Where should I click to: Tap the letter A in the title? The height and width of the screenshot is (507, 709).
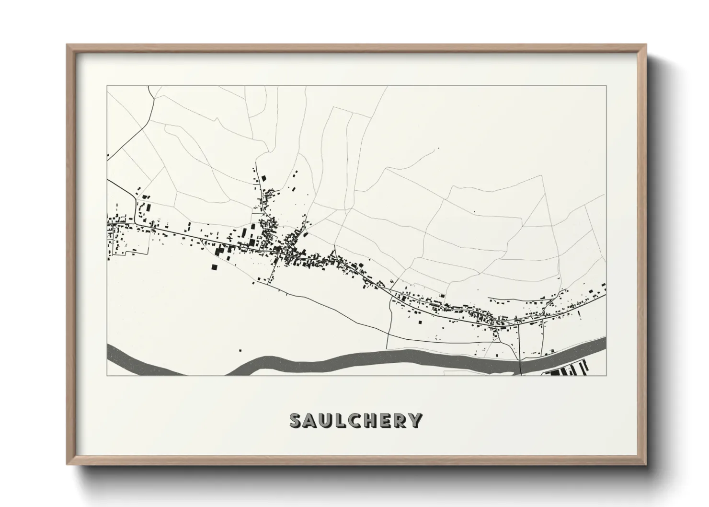(x=312, y=420)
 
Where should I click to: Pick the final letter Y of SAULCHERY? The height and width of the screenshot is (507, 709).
(x=416, y=420)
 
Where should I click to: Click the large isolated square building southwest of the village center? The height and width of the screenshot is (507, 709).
(x=214, y=266)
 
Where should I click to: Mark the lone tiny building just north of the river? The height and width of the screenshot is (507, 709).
(x=240, y=350)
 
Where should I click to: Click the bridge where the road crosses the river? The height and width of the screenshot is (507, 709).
(x=520, y=365)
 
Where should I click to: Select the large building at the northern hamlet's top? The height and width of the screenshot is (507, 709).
(x=263, y=178)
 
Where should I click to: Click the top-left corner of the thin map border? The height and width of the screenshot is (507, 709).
(x=107, y=86)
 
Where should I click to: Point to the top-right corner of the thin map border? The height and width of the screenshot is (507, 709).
(x=606, y=86)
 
